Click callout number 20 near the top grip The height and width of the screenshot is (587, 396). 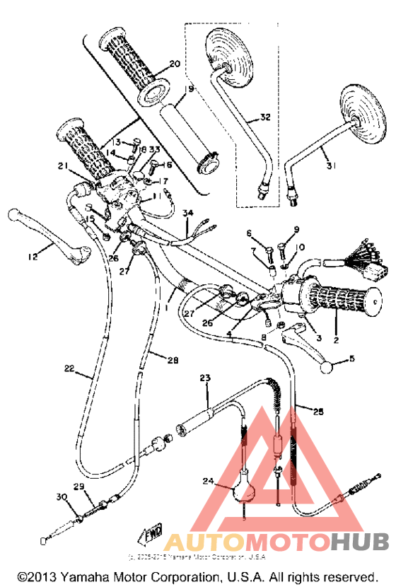[175, 64]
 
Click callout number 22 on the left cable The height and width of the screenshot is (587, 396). [69, 368]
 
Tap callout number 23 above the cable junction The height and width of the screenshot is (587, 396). [205, 379]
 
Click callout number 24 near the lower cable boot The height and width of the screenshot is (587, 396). [208, 481]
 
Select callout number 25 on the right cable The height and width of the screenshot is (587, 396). [316, 410]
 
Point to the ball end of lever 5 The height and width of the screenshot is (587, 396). [327, 368]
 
